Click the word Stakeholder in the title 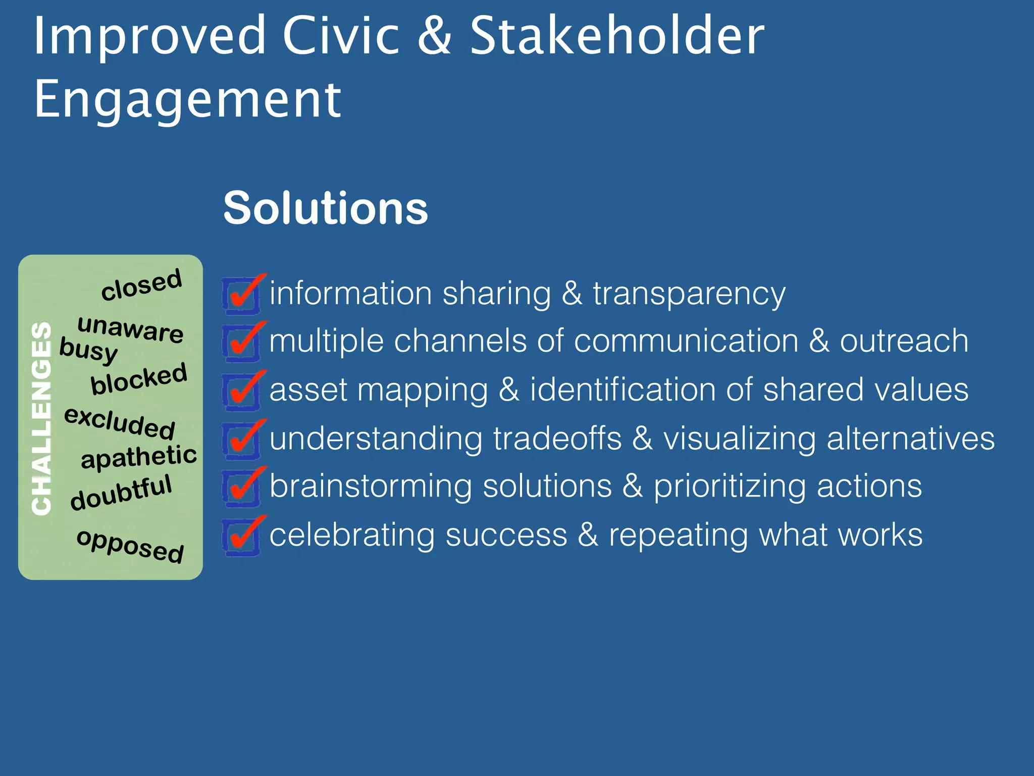(617, 36)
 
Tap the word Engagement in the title (187, 100)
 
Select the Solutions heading (326, 208)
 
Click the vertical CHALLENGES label (41, 418)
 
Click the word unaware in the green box (130, 329)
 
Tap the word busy (88, 350)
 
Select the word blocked (139, 379)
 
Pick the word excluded (120, 423)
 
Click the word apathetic (139, 457)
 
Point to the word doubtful (121, 493)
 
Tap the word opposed (130, 546)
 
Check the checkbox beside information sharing (241, 296)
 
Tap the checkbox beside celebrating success (241, 538)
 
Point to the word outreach (904, 341)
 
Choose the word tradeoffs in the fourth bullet (557, 439)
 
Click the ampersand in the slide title (435, 36)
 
